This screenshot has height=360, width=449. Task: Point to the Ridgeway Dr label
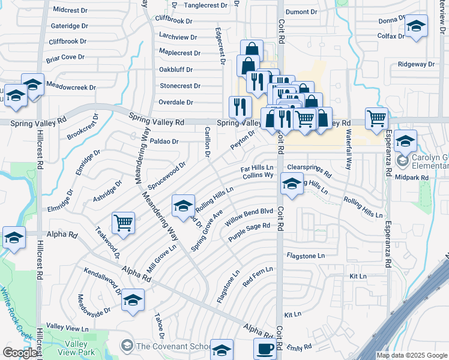pos(416,64)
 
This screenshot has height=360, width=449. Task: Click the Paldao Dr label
pos(164,142)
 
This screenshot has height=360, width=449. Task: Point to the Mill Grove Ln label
pos(161,256)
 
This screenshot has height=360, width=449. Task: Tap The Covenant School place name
pos(172,346)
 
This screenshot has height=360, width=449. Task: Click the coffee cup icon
pos(265,348)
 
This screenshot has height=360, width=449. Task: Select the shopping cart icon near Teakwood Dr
pos(123,222)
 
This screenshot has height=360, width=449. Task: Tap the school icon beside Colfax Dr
pos(415,26)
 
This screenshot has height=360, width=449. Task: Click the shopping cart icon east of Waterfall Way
pos(376,118)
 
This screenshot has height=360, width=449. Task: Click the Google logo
pos(20,353)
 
